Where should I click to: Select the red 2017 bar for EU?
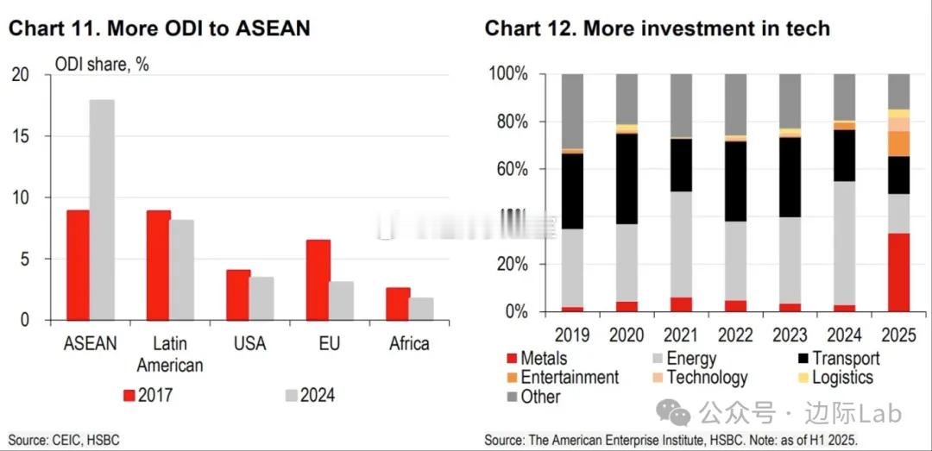click(x=318, y=279)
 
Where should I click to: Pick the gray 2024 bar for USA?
click(x=261, y=298)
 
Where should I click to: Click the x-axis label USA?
click(x=249, y=343)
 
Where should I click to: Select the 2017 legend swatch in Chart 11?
click(x=129, y=396)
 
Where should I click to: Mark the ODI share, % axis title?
click(x=102, y=65)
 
